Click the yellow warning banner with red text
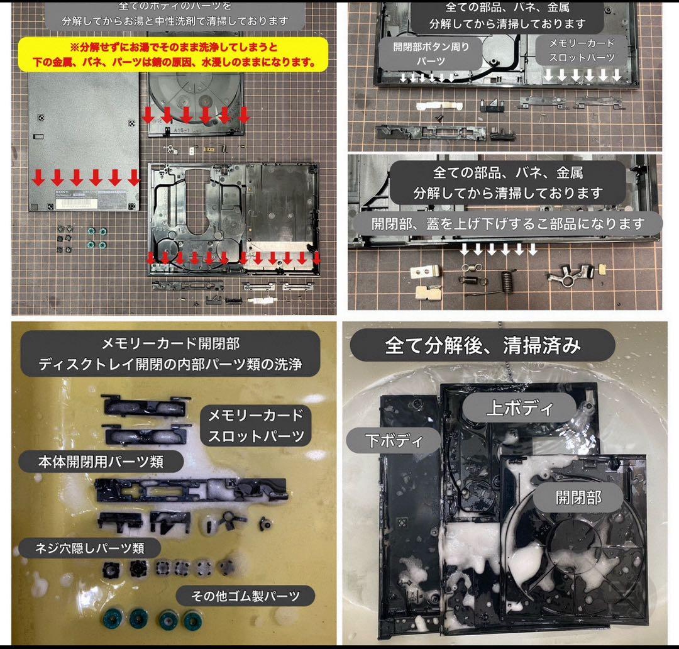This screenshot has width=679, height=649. click(174, 55)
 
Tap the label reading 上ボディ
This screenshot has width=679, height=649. click(519, 408)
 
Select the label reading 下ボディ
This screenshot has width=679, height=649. click(394, 440)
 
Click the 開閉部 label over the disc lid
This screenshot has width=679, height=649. click(578, 497)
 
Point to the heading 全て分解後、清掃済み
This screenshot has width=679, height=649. click(482, 345)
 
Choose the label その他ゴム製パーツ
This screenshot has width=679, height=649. click(245, 596)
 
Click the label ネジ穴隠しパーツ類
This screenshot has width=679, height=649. click(89, 548)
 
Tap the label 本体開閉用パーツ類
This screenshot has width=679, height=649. click(101, 462)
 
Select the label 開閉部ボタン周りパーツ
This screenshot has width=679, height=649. click(431, 53)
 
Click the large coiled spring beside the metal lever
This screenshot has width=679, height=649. click(507, 283)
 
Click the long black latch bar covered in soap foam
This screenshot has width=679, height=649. click(191, 489)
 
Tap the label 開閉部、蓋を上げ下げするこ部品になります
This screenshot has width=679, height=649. click(507, 223)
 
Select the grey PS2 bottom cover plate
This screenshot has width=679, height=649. click(84, 141)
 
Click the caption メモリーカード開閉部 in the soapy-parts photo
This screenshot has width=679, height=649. click(170, 343)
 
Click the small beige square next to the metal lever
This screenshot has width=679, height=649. click(602, 269)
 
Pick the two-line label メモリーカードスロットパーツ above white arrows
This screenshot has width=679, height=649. click(582, 50)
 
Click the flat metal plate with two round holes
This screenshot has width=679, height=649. click(425, 272)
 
